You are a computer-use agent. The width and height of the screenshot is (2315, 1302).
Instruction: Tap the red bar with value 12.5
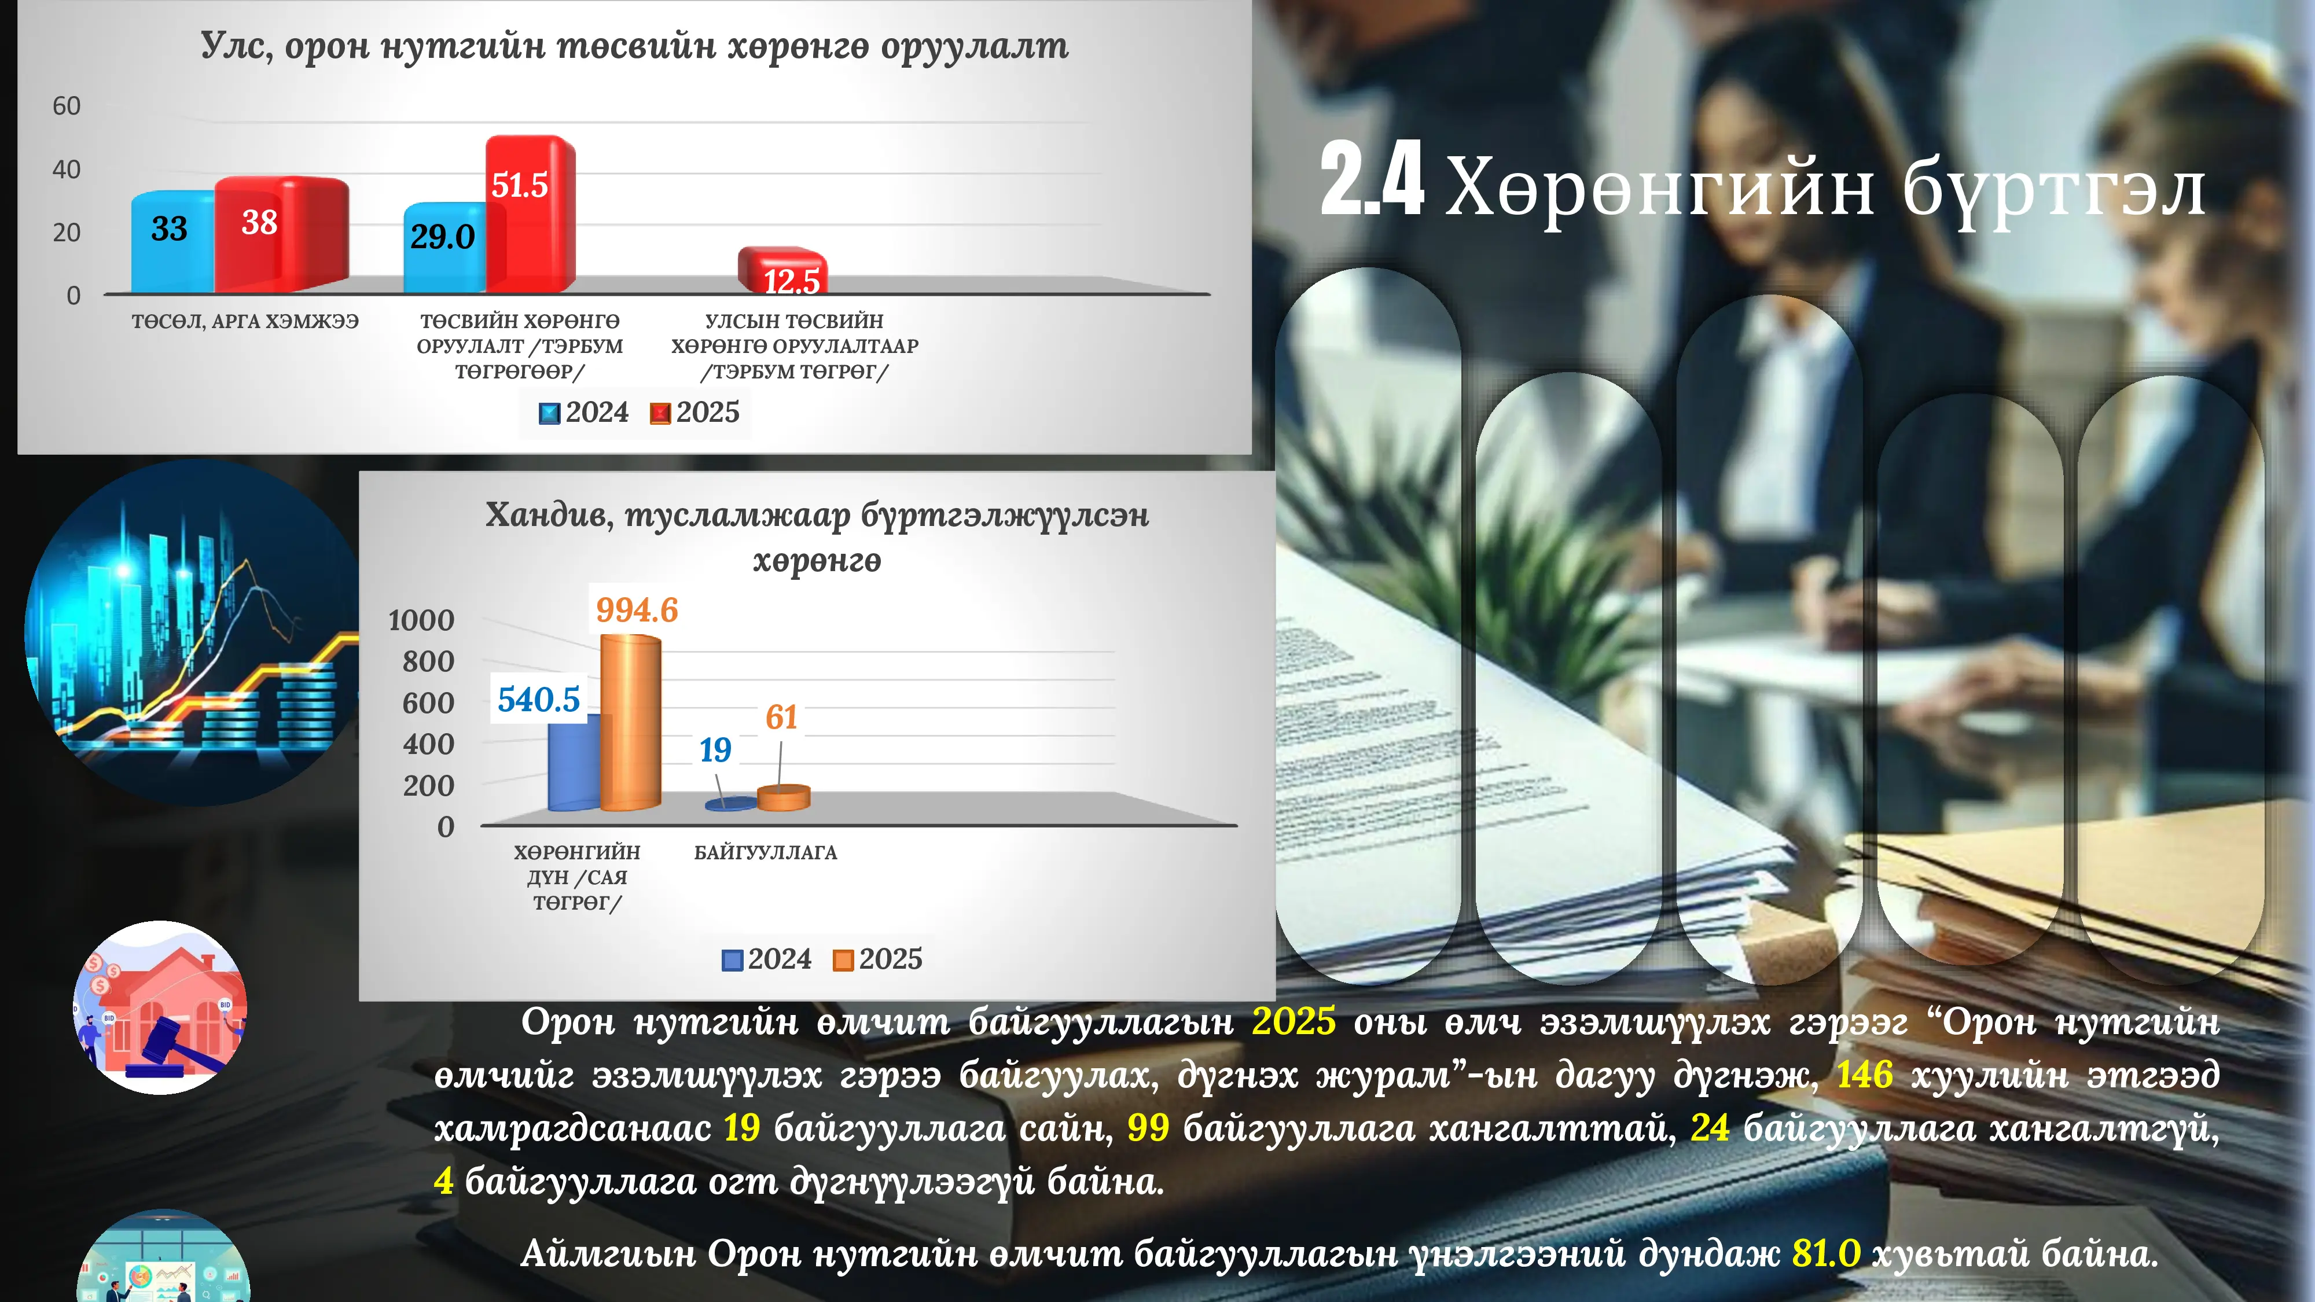point(782,270)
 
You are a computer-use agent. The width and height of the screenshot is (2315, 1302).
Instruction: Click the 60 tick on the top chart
point(67,106)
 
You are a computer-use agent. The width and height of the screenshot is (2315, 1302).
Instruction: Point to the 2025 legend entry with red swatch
point(696,413)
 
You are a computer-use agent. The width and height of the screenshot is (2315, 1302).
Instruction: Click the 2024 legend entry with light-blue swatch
point(584,413)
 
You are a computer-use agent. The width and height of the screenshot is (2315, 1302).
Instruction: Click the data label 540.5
point(539,699)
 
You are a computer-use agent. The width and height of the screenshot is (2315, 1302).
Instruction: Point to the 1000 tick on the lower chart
point(421,620)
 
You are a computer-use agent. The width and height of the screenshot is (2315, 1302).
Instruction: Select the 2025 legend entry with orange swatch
point(878,959)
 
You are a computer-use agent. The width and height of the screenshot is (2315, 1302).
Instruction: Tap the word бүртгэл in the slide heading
point(2053,190)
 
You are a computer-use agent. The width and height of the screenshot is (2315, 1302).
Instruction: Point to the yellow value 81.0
point(1826,1253)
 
